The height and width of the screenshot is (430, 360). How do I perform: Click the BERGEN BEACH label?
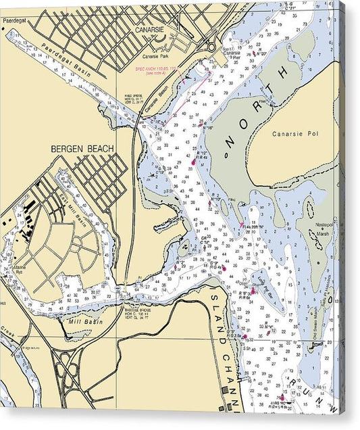[82, 148]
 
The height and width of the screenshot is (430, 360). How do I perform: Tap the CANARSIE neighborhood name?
[150, 31]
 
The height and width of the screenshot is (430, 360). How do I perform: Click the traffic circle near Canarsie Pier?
[210, 47]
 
